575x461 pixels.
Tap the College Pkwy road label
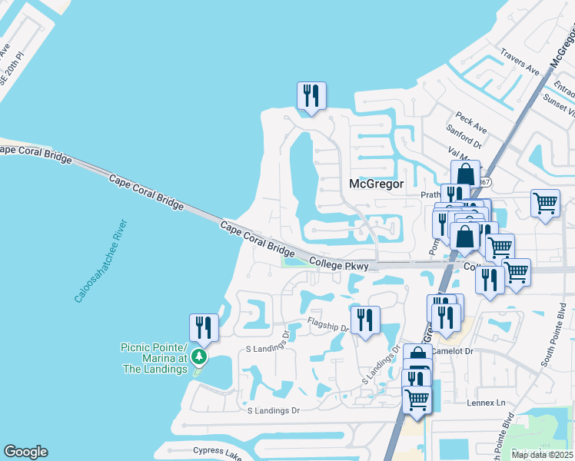tap(339, 264)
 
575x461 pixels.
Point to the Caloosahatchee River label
tap(101, 261)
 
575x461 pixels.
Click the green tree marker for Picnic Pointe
tap(199, 357)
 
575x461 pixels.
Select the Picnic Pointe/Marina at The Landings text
tap(154, 358)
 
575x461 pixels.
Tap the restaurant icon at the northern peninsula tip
tap(311, 96)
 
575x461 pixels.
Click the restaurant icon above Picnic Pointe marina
tap(204, 327)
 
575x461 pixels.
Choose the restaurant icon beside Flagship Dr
tap(365, 319)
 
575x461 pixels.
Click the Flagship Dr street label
tap(328, 324)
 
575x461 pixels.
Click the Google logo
tap(25, 452)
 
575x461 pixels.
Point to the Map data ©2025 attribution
tap(542, 455)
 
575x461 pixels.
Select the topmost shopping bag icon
tap(465, 174)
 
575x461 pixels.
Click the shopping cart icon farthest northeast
tap(545, 204)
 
